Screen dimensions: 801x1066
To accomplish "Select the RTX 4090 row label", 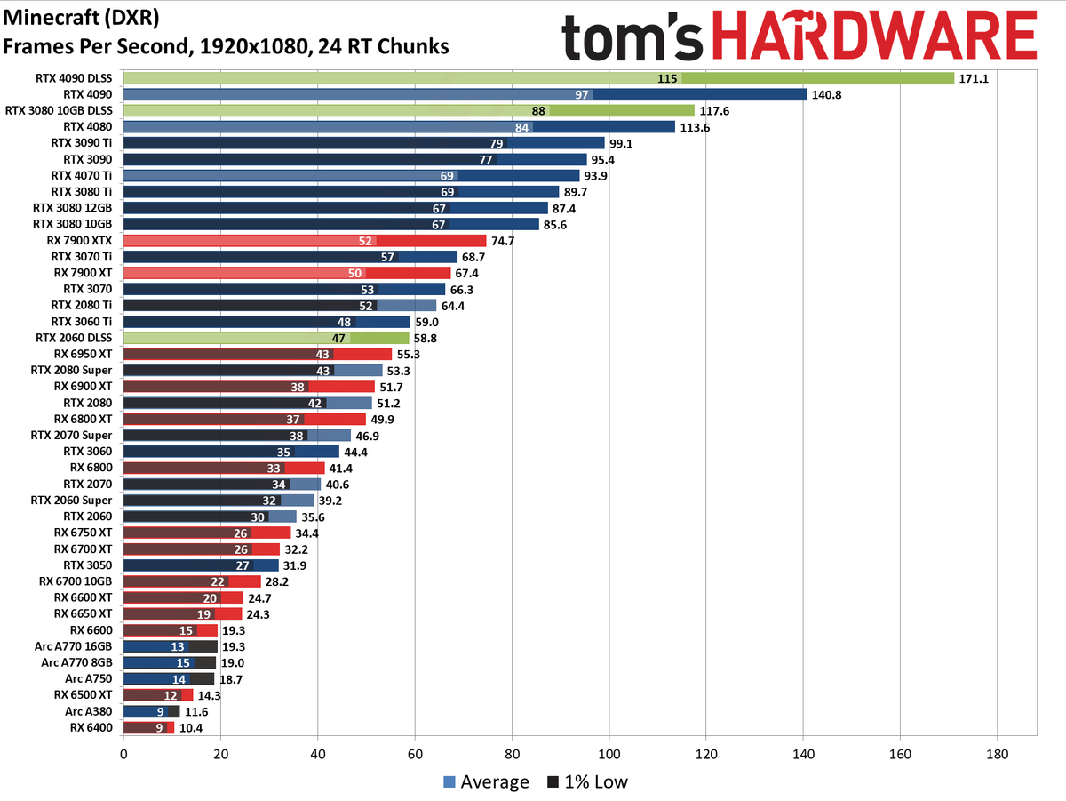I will [88, 94].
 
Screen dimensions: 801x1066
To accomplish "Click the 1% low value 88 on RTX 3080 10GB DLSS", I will [538, 110].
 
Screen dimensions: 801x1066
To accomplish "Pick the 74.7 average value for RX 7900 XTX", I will [504, 240].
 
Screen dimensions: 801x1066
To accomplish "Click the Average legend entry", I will [486, 782].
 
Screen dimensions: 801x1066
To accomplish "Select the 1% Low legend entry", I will [587, 782].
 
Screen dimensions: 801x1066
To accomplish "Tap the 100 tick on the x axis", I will [609, 752].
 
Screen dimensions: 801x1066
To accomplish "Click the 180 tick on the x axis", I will [997, 752].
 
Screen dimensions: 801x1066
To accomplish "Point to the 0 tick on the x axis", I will [123, 752].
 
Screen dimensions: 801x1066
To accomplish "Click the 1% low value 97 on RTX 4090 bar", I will [583, 94].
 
